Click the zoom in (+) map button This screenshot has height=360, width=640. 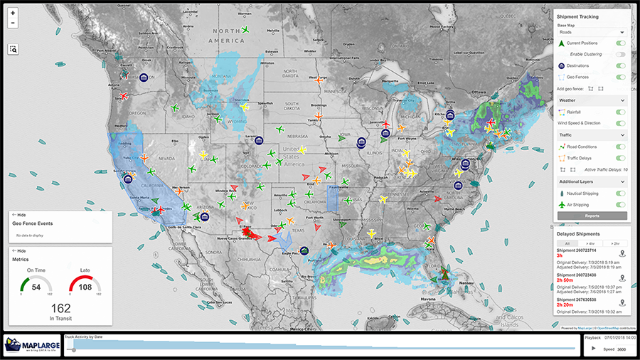pyautogui.click(x=13, y=13)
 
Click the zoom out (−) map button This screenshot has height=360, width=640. pyautogui.click(x=13, y=23)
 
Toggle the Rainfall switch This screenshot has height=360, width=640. pyautogui.click(x=621, y=112)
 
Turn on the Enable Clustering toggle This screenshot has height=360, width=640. pyautogui.click(x=621, y=54)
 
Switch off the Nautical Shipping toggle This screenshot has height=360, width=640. pyautogui.click(x=621, y=194)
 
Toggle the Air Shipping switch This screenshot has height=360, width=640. pyautogui.click(x=621, y=204)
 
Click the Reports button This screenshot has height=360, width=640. pyautogui.click(x=592, y=216)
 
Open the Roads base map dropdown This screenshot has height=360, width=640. pyautogui.click(x=592, y=32)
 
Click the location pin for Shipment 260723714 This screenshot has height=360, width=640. pyautogui.click(x=622, y=253)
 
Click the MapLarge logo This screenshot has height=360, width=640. pyautogui.click(x=31, y=344)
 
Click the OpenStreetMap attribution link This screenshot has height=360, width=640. pyautogui.click(x=606, y=328)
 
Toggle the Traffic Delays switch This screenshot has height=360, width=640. pyautogui.click(x=621, y=157)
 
